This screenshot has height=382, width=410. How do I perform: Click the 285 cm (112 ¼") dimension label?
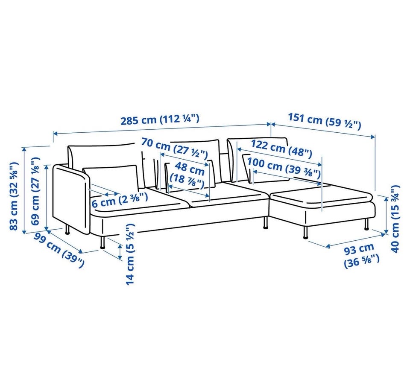[x=160, y=120]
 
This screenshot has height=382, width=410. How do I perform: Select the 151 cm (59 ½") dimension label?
[x=325, y=121]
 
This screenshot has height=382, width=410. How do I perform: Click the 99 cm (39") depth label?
[x=59, y=250]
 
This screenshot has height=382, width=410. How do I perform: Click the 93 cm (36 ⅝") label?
[x=361, y=256]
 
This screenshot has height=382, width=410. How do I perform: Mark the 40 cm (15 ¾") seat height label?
[x=395, y=219]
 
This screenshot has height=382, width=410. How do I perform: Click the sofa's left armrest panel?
[x=72, y=198]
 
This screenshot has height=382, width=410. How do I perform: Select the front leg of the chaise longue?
[x=305, y=232]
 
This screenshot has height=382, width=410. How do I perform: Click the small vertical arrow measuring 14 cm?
[x=120, y=251]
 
